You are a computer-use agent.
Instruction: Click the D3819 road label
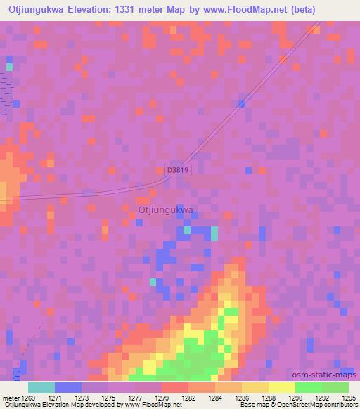click(x=179, y=169)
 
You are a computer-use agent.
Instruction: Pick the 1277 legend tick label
click(x=134, y=397)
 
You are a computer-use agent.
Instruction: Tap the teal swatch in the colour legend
click(x=41, y=387)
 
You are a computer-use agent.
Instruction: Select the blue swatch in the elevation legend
click(x=67, y=387)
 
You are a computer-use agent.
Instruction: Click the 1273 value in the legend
click(x=82, y=397)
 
